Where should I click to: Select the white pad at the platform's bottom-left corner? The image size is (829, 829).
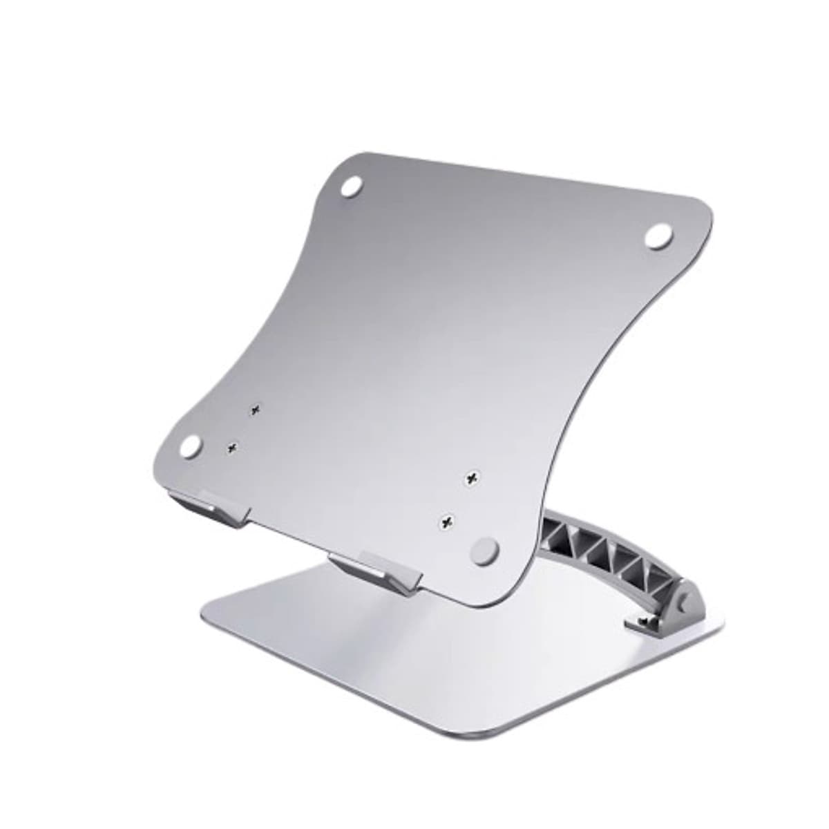tap(191, 446)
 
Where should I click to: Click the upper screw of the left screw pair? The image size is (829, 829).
tap(256, 410)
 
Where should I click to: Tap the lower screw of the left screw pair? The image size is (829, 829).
tap(233, 448)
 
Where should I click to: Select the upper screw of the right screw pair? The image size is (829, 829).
tap(472, 478)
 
